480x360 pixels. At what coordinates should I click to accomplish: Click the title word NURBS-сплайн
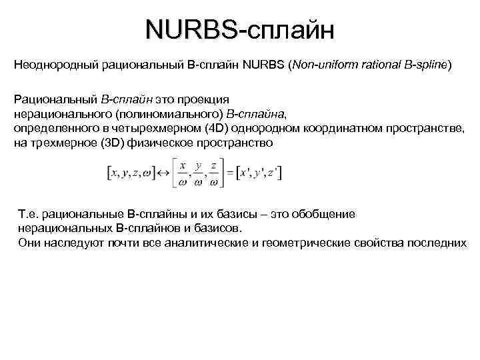(x=239, y=30)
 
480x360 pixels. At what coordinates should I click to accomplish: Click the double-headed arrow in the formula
(x=163, y=173)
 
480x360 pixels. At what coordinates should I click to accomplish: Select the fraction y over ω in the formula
(x=197, y=173)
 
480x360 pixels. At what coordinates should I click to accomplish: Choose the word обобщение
(x=325, y=214)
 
